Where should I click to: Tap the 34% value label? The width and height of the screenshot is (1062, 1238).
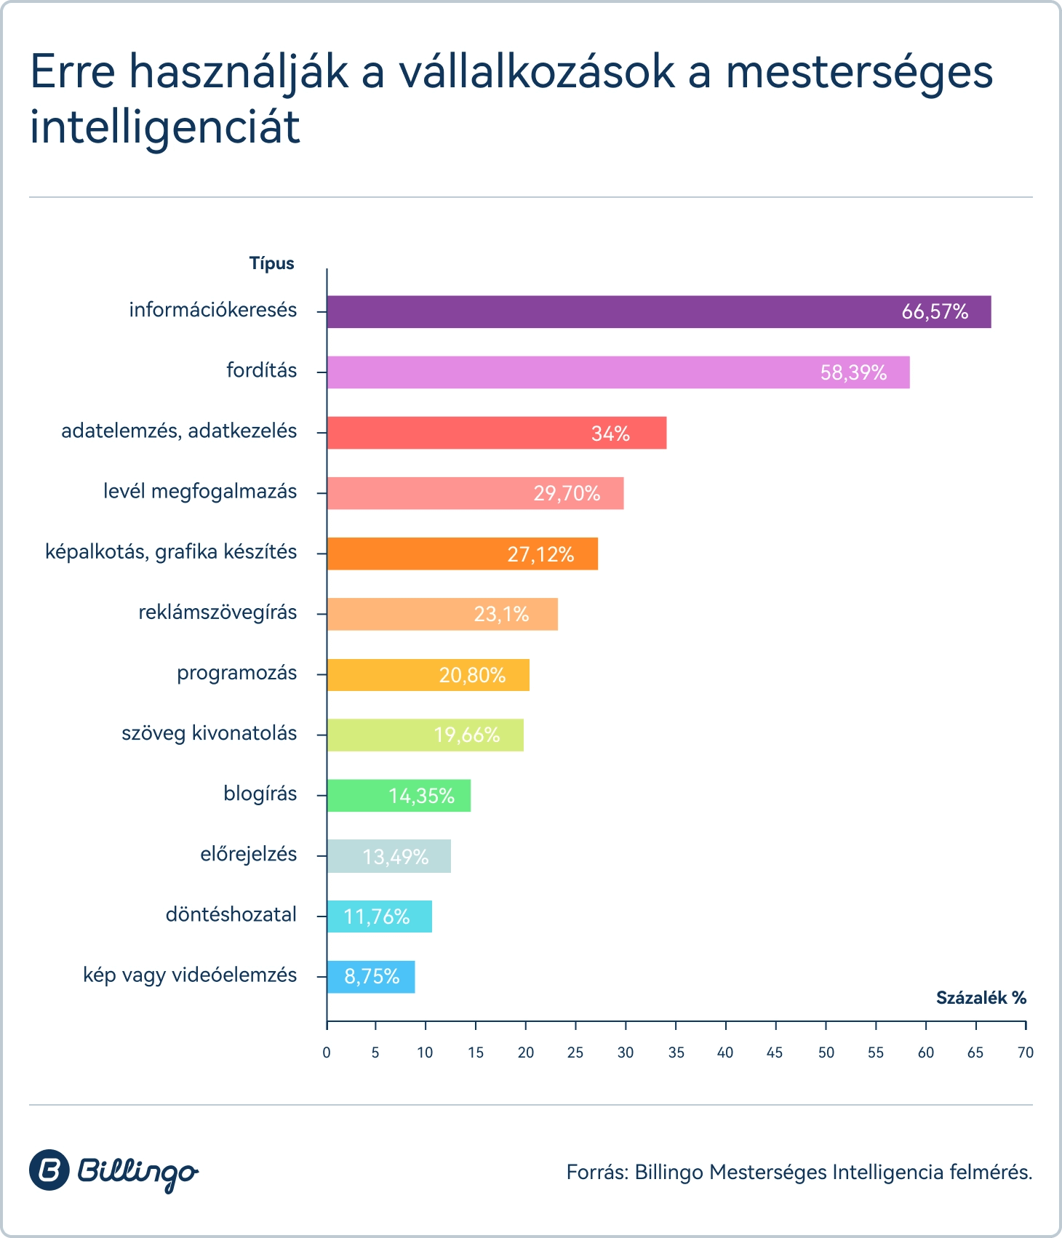click(x=610, y=434)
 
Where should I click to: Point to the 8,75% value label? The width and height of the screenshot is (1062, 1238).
click(x=372, y=976)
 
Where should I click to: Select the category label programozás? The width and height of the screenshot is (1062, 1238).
click(x=237, y=673)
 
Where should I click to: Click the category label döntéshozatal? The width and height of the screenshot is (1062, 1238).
click(x=231, y=914)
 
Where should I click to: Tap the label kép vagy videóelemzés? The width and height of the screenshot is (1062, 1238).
click(x=190, y=975)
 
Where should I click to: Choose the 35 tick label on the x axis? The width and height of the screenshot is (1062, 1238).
click(x=676, y=1053)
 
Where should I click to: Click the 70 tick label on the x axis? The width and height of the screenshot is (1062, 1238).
click(x=1026, y=1053)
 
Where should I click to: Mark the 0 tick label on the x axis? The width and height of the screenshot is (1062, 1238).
click(x=327, y=1053)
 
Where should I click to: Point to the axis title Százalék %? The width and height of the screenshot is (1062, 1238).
click(x=981, y=998)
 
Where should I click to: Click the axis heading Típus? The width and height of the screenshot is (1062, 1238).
click(x=272, y=263)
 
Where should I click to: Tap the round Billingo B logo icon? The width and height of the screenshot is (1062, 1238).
click(x=49, y=1170)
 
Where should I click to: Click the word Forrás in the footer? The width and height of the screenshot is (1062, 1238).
click(x=596, y=1172)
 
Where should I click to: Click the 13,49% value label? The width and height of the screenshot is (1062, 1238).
click(x=396, y=857)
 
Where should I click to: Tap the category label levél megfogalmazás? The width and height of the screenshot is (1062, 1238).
click(x=200, y=492)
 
